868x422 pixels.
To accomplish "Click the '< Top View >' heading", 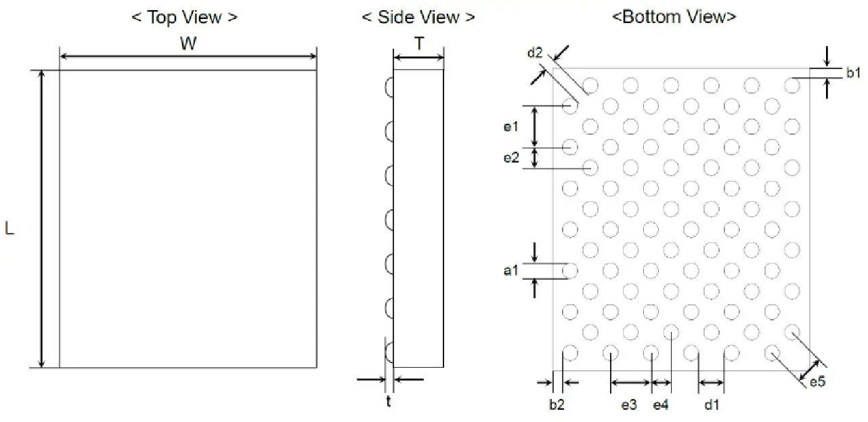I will coord(184,18).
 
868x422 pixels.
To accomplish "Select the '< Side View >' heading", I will coord(418,18).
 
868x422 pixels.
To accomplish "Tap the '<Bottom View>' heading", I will coord(674,18).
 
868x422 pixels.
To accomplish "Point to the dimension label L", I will coord(9,230).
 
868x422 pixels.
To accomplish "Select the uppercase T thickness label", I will coord(419,44).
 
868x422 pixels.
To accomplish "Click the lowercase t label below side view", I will coord(389,402).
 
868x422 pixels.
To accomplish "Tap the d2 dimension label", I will coord(535,54).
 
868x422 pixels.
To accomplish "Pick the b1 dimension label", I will coord(852,73).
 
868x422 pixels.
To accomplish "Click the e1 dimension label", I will coord(511,126).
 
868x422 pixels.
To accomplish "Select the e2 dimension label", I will coord(511,158).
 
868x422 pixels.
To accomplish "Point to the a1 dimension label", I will coord(511,271).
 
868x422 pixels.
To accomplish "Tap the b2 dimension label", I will coord(556,405).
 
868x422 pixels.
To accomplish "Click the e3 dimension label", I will coord(629,405).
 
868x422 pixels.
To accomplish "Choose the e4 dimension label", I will coord(660,405).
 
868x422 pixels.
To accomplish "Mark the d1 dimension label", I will coord(711,405).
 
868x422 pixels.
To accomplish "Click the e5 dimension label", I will coord(818,383).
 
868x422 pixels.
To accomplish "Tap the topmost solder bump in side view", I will coord(389,87).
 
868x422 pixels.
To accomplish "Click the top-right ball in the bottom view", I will coord(791,85).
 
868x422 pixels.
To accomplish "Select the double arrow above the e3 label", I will coord(630,383).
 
